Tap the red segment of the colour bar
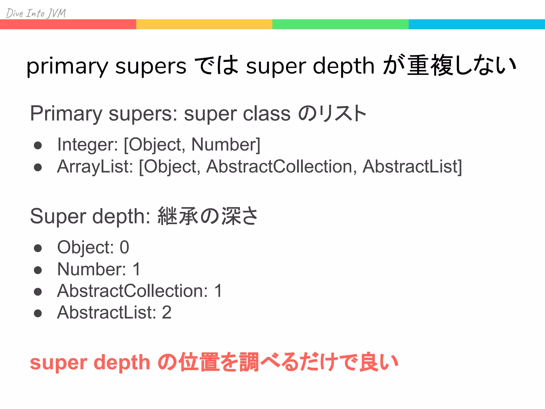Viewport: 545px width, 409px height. [68, 24]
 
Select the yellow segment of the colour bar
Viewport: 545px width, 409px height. [204, 24]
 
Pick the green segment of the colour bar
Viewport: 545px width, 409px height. [340, 24]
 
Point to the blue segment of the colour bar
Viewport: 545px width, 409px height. [477, 24]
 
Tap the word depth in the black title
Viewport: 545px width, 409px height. [344, 66]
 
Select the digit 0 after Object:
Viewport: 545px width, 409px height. [124, 247]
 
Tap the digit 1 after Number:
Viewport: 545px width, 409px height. [137, 269]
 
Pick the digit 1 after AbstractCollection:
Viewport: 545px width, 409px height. [218, 291]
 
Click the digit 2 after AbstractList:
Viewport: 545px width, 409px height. [167, 313]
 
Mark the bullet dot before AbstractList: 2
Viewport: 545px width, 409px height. [38, 313]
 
